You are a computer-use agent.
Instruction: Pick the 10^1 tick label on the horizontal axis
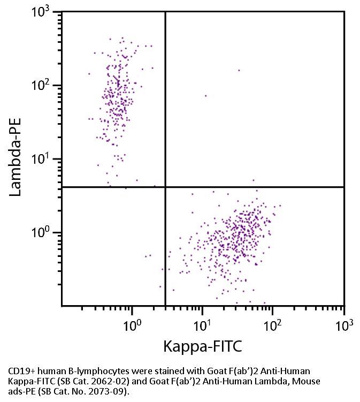(x=202, y=324)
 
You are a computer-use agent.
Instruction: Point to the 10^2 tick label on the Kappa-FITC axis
(x=273, y=324)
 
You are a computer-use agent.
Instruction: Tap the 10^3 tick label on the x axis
(x=344, y=324)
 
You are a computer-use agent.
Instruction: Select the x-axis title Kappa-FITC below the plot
(x=203, y=346)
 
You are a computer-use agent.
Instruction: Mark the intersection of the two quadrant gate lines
(x=165, y=187)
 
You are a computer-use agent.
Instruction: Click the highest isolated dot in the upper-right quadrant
(x=239, y=70)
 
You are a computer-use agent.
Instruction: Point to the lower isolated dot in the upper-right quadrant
(x=205, y=96)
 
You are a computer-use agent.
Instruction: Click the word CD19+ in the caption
(x=21, y=370)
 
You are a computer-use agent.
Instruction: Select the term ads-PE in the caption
(x=21, y=391)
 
